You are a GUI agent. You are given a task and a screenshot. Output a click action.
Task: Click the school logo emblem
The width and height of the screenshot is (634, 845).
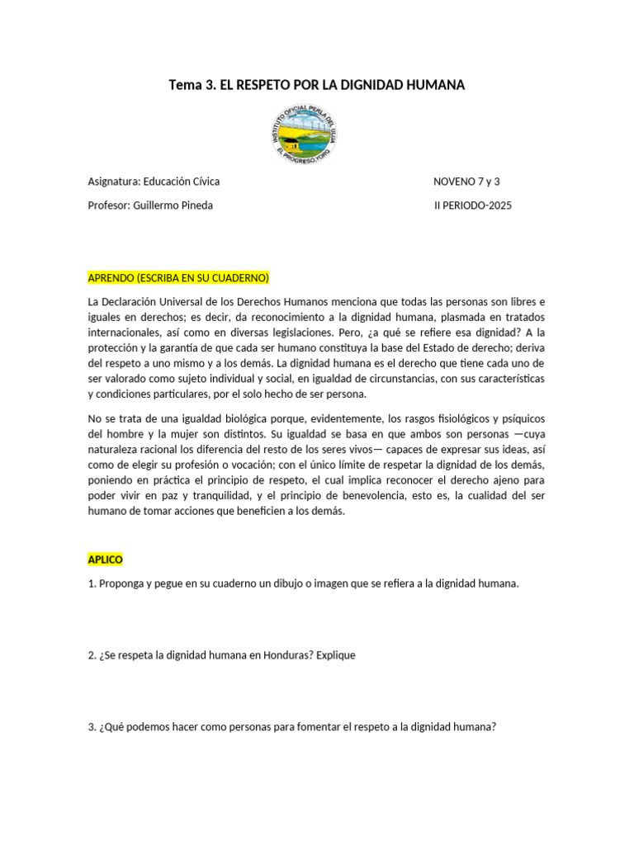coord(305,134)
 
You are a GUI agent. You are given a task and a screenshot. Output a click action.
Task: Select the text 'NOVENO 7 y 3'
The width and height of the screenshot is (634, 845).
coord(466,181)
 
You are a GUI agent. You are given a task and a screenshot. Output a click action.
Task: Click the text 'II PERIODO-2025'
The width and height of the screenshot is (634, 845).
coord(472,205)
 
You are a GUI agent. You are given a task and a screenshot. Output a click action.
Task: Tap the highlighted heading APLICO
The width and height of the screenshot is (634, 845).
coord(105,559)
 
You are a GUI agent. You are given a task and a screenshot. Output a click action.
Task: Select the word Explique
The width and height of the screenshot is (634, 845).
coord(335,655)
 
